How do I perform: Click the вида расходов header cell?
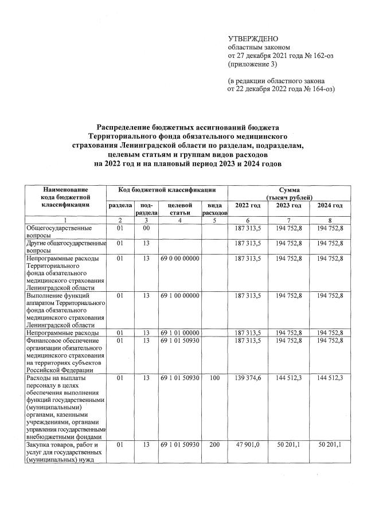(215, 209)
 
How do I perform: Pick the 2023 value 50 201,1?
(289, 444)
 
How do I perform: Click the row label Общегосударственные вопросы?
(60, 232)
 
